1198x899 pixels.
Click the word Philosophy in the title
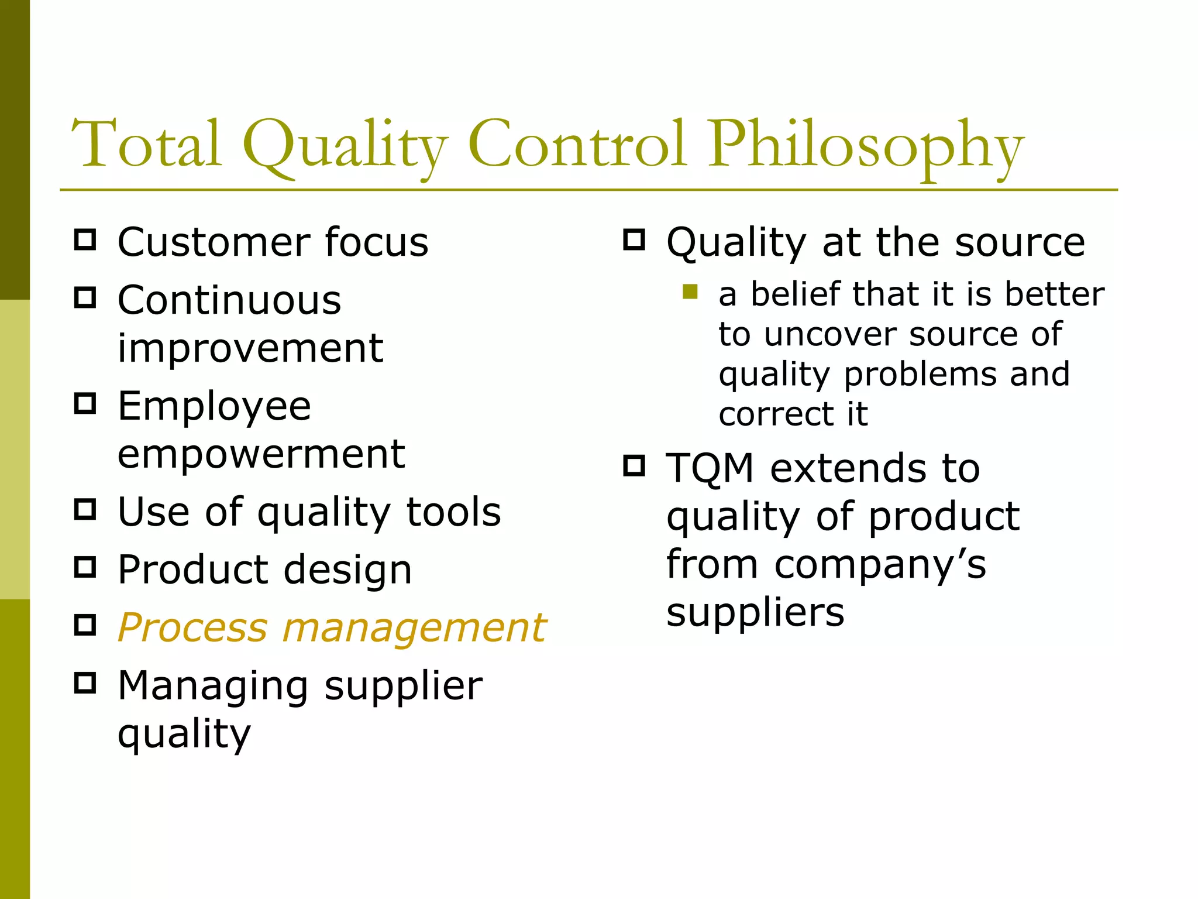866,146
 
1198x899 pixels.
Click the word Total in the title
146,143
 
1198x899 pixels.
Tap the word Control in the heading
576,143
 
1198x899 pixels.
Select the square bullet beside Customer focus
85,240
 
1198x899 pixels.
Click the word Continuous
229,300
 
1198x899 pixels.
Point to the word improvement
250,348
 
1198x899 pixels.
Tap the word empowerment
261,454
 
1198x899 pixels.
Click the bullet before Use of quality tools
85,510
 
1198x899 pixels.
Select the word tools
454,512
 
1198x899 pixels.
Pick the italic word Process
192,628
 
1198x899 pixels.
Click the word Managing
213,687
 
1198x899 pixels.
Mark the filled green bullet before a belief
690,291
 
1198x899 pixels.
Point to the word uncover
830,335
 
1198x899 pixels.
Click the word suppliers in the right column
755,613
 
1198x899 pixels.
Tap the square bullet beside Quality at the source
634,240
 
